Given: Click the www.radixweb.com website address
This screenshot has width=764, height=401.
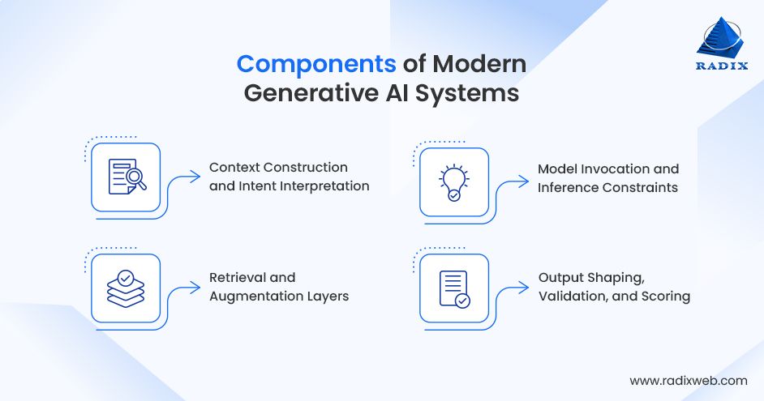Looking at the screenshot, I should tap(689, 380).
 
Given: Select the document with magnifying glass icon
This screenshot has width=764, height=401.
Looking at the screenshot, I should tap(126, 177).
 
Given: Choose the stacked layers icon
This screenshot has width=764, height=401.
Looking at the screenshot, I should tap(126, 288).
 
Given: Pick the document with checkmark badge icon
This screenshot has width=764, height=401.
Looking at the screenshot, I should tap(454, 289).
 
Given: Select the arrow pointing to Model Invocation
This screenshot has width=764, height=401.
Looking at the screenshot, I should tap(520, 178).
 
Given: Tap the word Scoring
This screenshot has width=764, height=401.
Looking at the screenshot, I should tap(664, 296).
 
